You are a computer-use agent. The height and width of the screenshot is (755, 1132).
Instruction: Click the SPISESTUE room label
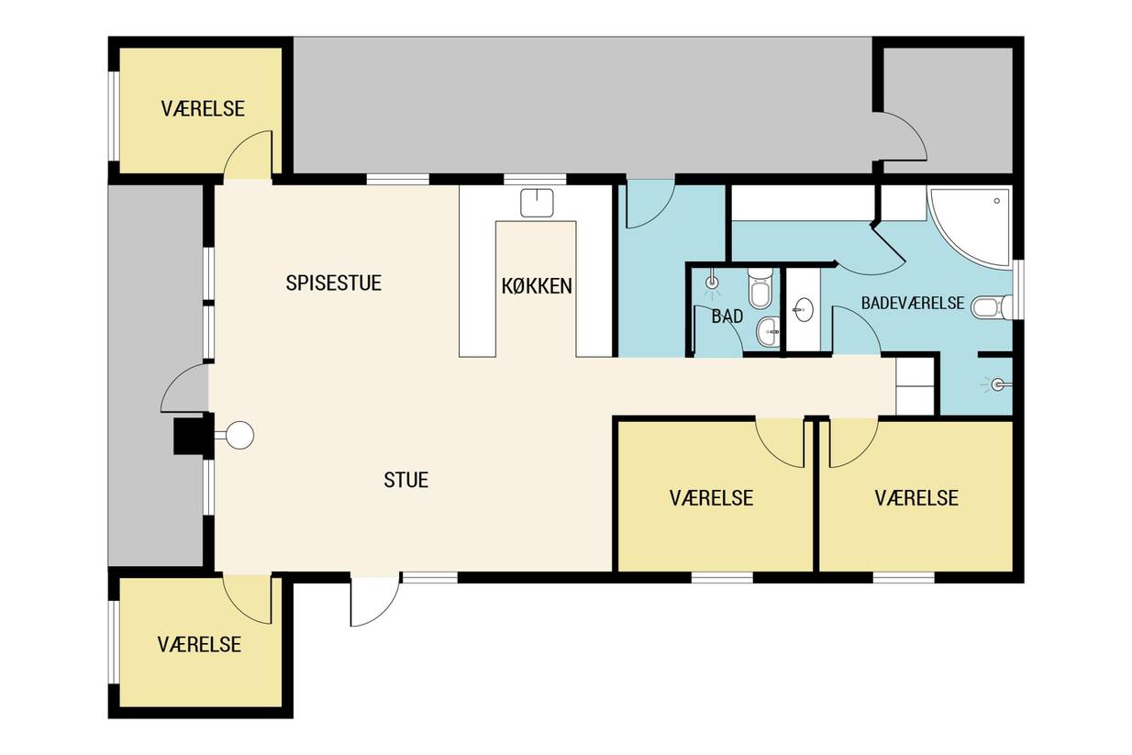coord(333,283)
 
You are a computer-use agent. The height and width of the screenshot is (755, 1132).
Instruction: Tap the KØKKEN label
coord(537,286)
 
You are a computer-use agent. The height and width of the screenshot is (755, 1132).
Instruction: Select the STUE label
coord(405,480)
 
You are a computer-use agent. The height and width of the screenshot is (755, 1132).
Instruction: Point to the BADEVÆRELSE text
coord(913,303)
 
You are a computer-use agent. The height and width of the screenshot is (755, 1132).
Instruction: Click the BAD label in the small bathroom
coord(727,316)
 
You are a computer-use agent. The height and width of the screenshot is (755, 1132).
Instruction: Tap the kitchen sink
coord(537,203)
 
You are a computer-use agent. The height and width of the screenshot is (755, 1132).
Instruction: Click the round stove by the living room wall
coord(239,435)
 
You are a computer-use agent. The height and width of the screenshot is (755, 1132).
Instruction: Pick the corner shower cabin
coord(971,228)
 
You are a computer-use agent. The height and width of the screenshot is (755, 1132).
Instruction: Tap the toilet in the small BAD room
coord(760,288)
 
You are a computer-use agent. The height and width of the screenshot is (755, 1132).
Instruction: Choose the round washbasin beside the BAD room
coord(804,309)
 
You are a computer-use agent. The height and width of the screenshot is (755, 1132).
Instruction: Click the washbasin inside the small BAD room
coord(768,332)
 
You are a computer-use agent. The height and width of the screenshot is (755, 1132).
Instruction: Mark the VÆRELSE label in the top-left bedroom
coord(203,108)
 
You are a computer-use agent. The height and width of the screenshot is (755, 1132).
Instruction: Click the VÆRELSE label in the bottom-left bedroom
coord(199,645)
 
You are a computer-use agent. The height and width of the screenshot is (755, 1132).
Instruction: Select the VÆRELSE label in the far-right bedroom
coord(916,498)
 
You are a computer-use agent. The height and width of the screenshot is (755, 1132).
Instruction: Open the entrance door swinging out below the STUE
coord(375,602)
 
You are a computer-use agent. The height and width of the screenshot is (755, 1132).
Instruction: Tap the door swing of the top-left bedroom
coord(249,155)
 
